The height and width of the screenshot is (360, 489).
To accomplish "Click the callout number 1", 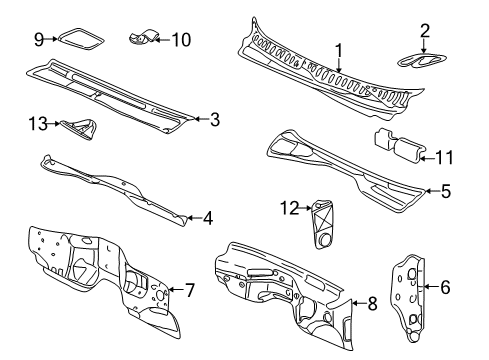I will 339,50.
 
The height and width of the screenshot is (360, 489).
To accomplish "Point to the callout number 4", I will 207,217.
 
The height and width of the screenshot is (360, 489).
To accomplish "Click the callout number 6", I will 445,287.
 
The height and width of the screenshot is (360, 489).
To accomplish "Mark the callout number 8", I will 372,303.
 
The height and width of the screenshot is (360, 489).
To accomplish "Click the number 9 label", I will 39,39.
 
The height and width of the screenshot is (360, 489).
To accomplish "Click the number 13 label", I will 38,123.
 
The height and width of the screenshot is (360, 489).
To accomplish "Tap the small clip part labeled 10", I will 143,39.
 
